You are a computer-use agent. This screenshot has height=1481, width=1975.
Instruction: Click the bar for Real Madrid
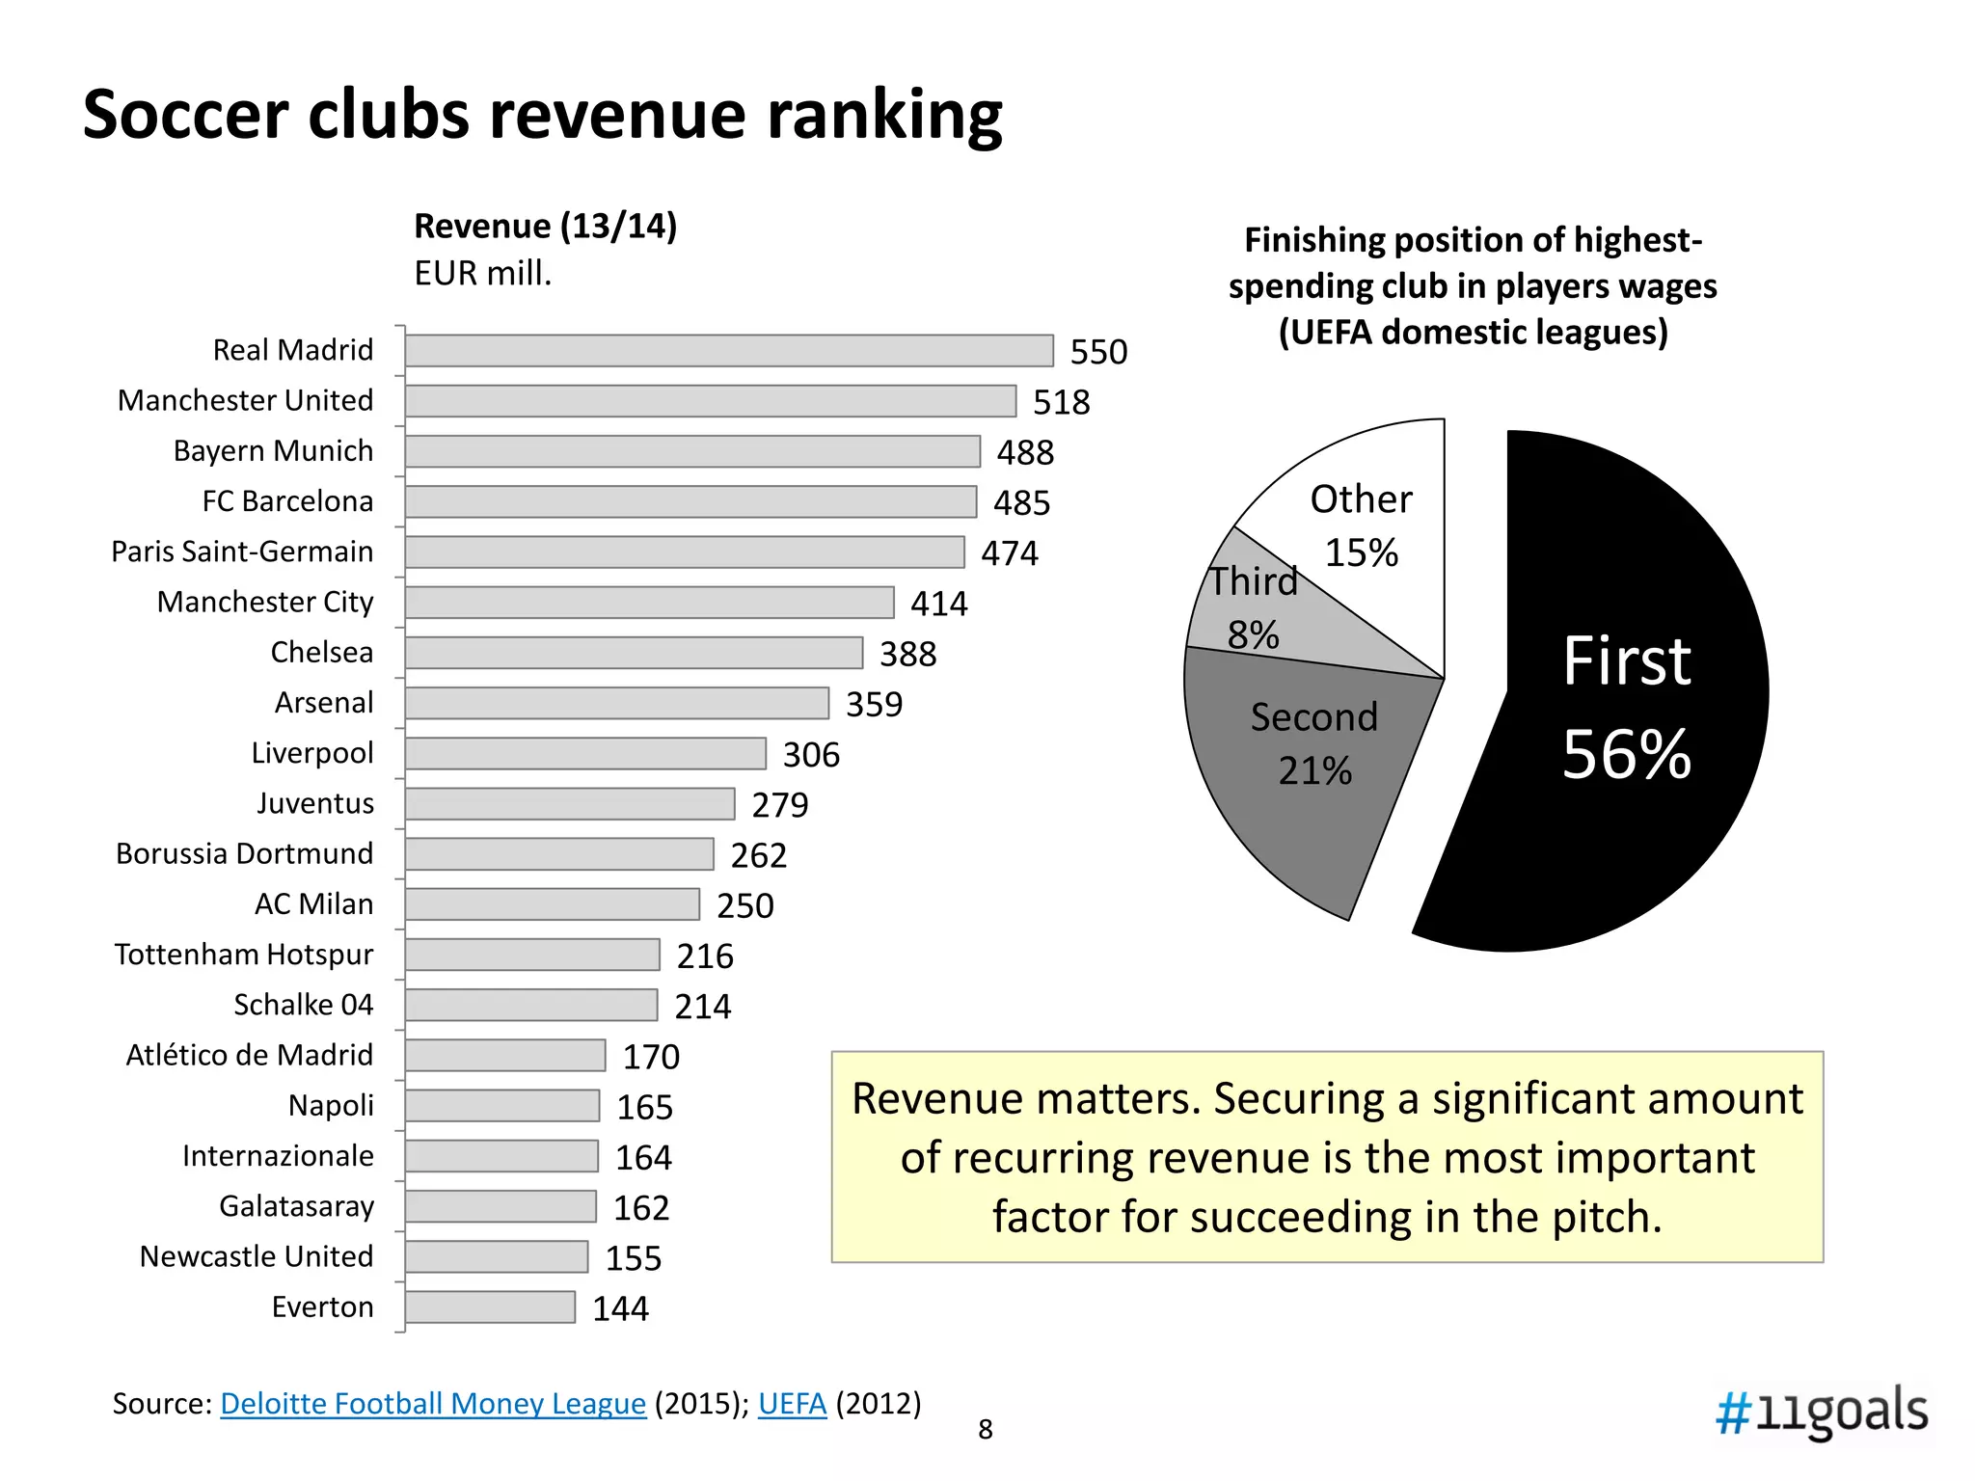729,351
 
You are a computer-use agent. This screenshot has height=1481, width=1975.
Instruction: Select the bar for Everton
490,1307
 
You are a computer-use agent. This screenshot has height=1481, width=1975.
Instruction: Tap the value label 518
1061,402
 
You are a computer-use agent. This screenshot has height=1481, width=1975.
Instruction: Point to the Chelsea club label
321,653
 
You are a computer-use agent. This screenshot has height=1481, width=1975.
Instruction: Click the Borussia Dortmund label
244,854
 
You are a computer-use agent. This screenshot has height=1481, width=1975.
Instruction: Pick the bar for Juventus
570,804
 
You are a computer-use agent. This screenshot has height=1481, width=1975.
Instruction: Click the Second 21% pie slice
1302,771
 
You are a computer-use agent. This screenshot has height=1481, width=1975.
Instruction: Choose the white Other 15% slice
1369,521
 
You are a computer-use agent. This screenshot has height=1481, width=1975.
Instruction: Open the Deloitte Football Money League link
433,1404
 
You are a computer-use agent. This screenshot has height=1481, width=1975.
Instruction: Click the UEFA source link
792,1404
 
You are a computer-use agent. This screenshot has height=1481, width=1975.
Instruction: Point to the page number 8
985,1430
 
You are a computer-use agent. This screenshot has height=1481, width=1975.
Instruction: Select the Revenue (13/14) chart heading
545,227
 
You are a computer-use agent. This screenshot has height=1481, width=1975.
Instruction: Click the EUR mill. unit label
482,274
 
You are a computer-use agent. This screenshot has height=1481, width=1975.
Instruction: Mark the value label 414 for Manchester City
938,604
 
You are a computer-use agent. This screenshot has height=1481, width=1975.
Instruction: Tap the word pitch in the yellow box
1605,1218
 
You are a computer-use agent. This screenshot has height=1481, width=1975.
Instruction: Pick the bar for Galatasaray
501,1206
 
